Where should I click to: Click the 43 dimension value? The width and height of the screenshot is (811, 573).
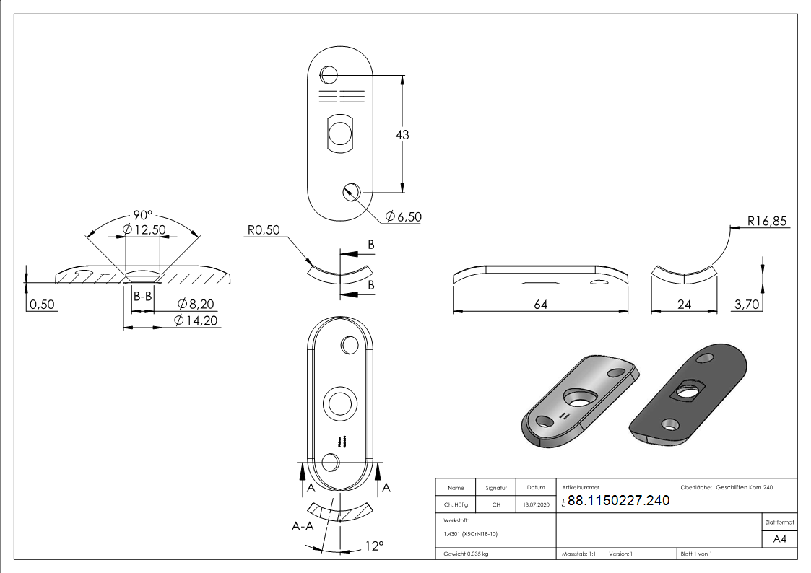(x=402, y=135)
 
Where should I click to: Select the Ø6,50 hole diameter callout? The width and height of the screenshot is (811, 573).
(x=404, y=216)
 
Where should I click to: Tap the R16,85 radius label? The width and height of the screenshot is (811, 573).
(x=767, y=221)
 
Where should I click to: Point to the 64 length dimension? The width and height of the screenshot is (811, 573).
(x=540, y=305)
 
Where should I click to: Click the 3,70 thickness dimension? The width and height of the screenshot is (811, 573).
(x=747, y=305)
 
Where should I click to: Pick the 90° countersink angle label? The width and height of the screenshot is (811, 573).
(x=143, y=215)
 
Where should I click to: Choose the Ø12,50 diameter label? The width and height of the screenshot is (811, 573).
(x=144, y=229)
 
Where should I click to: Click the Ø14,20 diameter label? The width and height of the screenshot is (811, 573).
(x=196, y=320)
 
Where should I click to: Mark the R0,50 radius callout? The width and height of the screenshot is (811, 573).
(x=264, y=230)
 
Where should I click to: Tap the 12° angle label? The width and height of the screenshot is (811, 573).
(x=375, y=546)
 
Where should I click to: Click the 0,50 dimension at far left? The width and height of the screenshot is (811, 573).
(x=42, y=305)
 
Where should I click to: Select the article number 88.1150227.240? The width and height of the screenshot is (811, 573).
(x=619, y=500)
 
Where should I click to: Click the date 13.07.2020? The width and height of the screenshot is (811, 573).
(x=536, y=504)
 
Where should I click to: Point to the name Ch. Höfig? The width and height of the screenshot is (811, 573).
(x=456, y=504)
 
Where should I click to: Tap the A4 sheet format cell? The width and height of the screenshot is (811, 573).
(x=779, y=539)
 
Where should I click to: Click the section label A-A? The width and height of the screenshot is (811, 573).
(x=303, y=527)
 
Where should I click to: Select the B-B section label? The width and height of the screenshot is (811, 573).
(x=143, y=296)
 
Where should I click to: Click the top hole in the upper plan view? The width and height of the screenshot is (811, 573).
(x=329, y=75)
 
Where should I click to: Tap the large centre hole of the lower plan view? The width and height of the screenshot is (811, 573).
(x=340, y=403)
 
